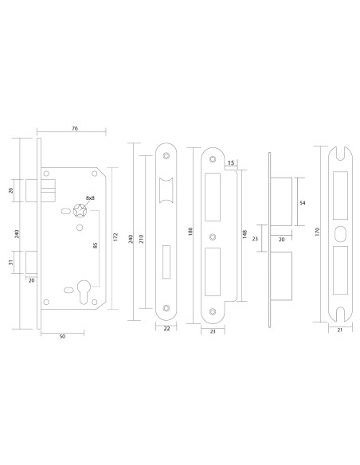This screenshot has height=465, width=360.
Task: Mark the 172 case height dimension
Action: [116, 237]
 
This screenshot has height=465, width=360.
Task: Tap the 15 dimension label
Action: [231, 163]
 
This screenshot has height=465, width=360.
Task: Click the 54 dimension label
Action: [303, 204]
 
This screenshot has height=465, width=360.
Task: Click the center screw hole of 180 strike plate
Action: [213, 236]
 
